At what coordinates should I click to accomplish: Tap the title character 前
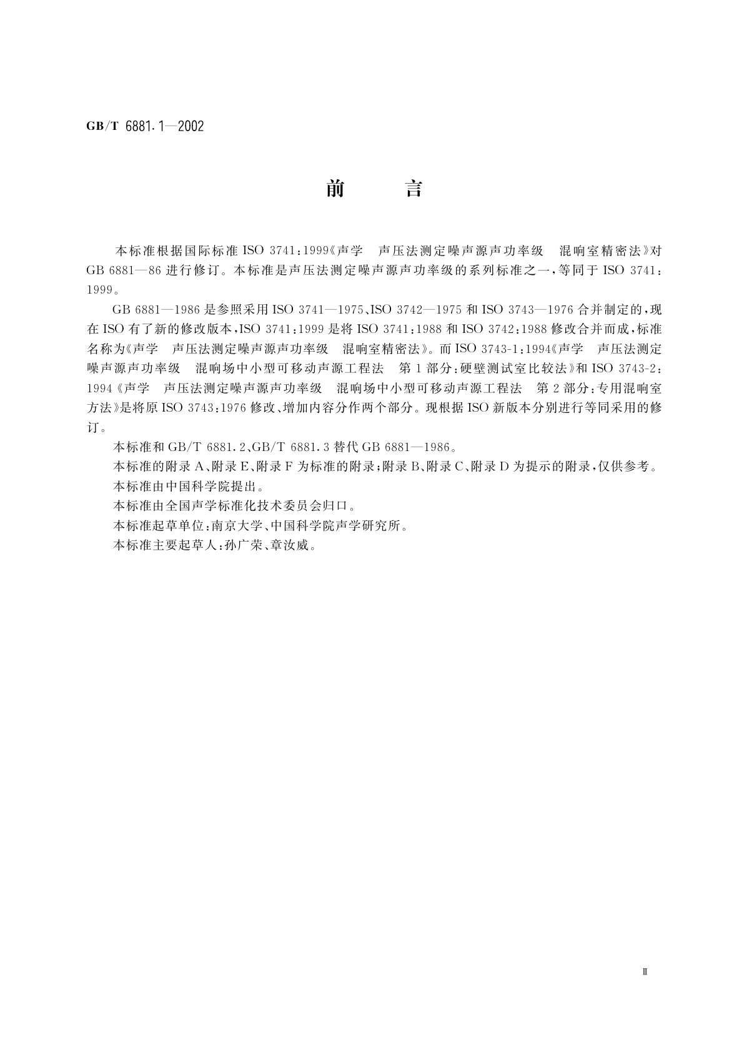(x=335, y=189)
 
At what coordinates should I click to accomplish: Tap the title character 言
(x=414, y=189)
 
